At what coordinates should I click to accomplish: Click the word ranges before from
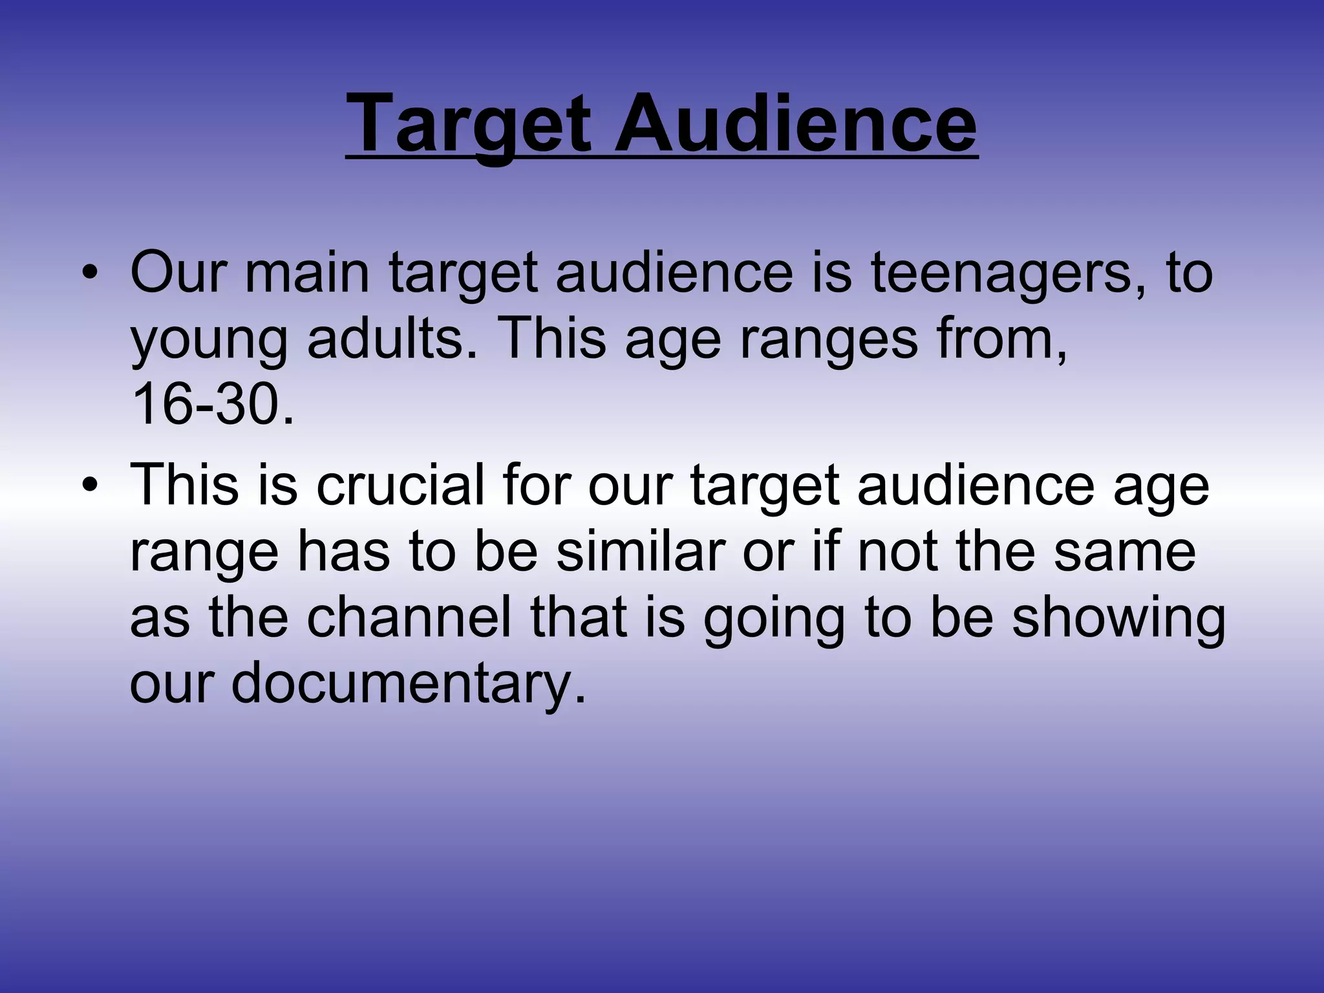tap(828, 341)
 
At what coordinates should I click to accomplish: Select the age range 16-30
tap(212, 405)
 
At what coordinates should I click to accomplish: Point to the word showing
tap(1118, 619)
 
